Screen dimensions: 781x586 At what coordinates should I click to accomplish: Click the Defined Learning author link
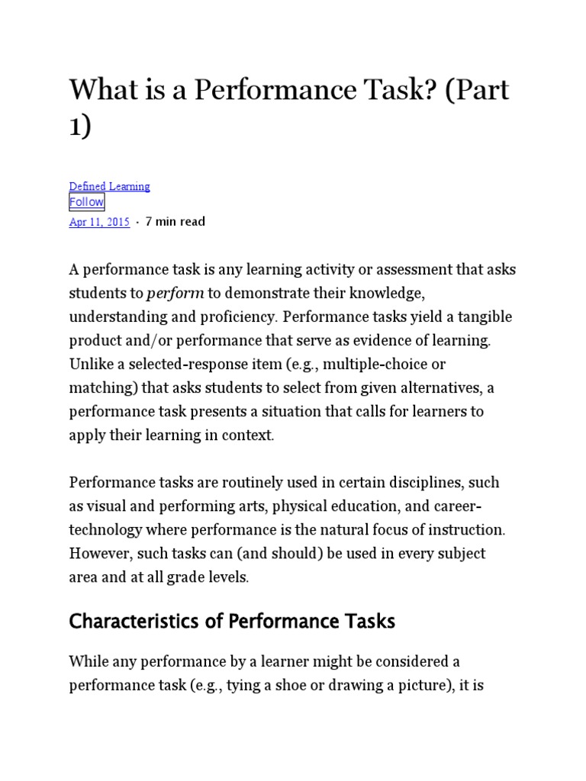109,186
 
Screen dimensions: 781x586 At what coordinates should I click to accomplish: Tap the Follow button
86,202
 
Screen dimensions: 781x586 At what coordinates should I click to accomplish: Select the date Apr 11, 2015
99,222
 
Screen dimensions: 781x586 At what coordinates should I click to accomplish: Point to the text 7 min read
175,222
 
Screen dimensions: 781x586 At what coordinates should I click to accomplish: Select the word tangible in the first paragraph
481,317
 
